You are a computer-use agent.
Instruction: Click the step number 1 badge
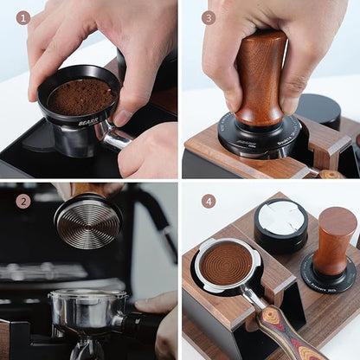click(22, 17)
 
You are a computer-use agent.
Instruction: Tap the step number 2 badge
click(22, 201)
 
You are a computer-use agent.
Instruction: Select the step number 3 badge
click(209, 17)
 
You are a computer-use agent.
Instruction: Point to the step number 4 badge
click(209, 201)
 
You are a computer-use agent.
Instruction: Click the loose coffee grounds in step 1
click(80, 97)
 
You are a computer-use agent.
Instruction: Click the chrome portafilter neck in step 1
click(114, 135)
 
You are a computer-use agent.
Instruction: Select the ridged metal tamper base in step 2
click(87, 222)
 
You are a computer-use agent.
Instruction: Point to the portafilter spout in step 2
click(87, 348)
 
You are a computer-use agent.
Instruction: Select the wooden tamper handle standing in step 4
click(335, 238)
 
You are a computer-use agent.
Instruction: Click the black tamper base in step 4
click(329, 278)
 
